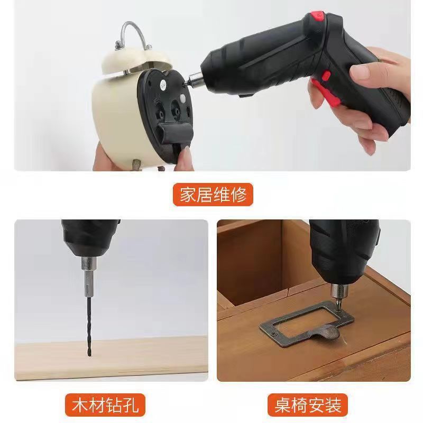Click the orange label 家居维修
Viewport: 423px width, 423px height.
[x=213, y=195]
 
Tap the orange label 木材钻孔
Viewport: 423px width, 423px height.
[x=105, y=404]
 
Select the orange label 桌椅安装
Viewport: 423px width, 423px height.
[x=308, y=404]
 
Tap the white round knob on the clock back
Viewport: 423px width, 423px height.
[x=182, y=98]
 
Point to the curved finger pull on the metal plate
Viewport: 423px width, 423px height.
[x=326, y=333]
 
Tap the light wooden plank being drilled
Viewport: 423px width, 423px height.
[x=111, y=358]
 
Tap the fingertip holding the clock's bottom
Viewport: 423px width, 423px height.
[x=186, y=154]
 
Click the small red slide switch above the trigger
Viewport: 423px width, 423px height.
[x=326, y=76]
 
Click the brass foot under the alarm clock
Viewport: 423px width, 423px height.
[x=136, y=164]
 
